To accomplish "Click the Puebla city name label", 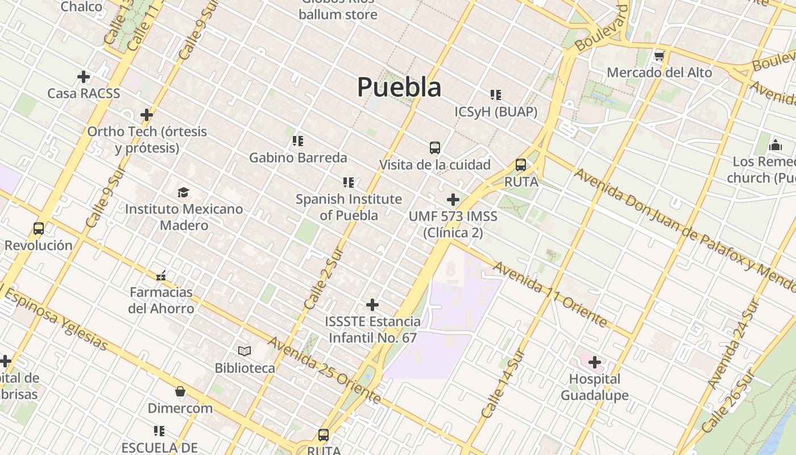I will (399, 88).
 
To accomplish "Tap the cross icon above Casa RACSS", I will (84, 76).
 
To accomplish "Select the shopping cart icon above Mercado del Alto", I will (659, 56).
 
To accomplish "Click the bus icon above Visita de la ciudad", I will (435, 148).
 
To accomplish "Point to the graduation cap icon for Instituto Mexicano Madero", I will (183, 192).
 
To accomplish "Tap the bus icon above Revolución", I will (39, 229).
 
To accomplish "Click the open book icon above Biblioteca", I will (244, 351).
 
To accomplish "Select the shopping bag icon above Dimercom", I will (180, 391).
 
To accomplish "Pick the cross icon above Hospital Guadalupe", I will (595, 362).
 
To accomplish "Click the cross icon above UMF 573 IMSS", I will (453, 200).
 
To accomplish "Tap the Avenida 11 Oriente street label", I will (550, 294).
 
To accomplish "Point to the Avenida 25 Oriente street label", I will (324, 370).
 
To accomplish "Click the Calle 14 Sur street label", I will (502, 383).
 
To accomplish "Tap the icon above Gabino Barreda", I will (298, 140).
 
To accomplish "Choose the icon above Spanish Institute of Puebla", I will (349, 183).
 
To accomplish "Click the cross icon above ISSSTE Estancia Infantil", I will (372, 305).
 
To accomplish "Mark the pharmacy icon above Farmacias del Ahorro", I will (161, 276).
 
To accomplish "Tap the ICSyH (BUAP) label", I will (496, 112).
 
